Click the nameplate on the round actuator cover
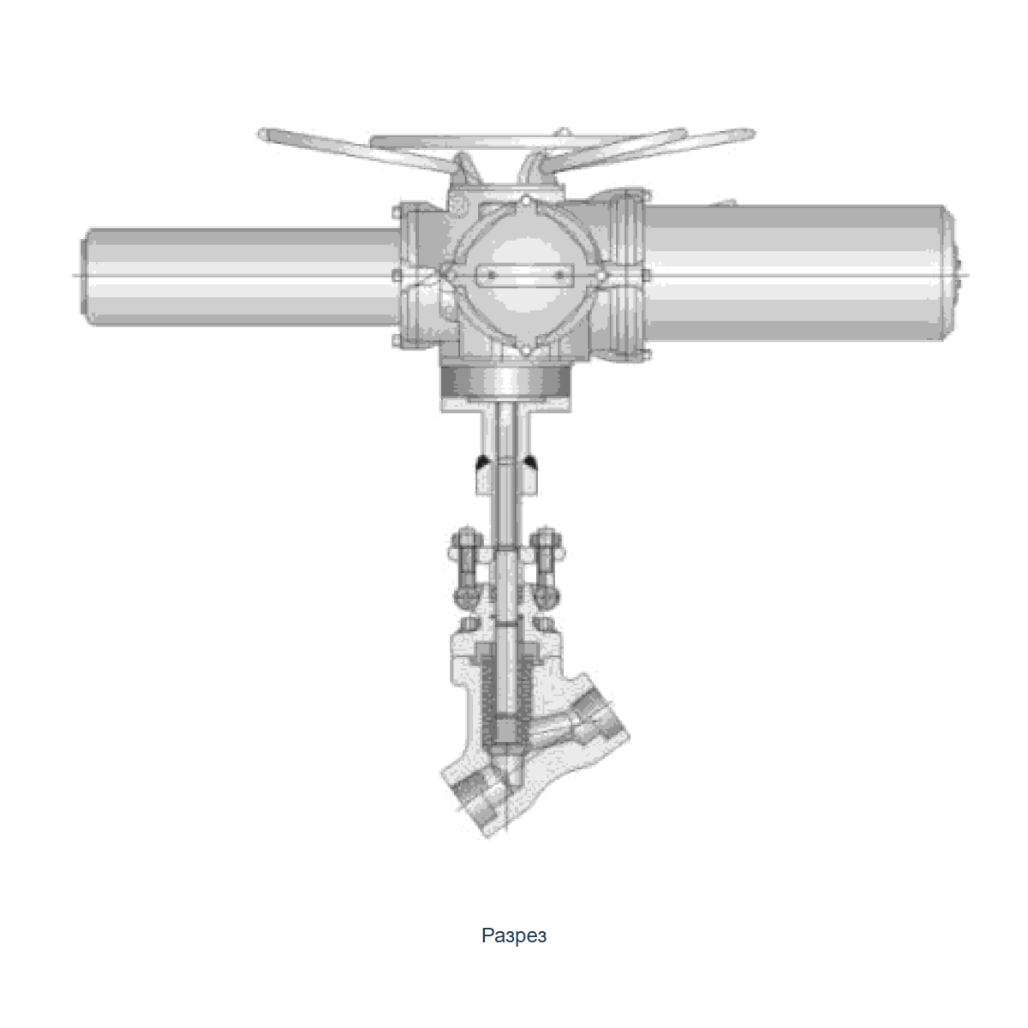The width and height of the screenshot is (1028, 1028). tap(525, 275)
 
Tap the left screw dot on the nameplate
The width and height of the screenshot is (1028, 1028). tap(492, 275)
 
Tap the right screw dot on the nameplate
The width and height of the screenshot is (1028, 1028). tap(559, 275)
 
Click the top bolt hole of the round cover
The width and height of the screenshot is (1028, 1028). tap(525, 201)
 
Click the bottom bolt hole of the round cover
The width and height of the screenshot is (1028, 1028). tap(525, 350)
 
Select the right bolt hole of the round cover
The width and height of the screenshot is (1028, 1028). tap(601, 276)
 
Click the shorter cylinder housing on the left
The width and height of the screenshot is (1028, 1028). tap(242, 277)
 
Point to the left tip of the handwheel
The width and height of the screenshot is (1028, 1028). tap(260, 134)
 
